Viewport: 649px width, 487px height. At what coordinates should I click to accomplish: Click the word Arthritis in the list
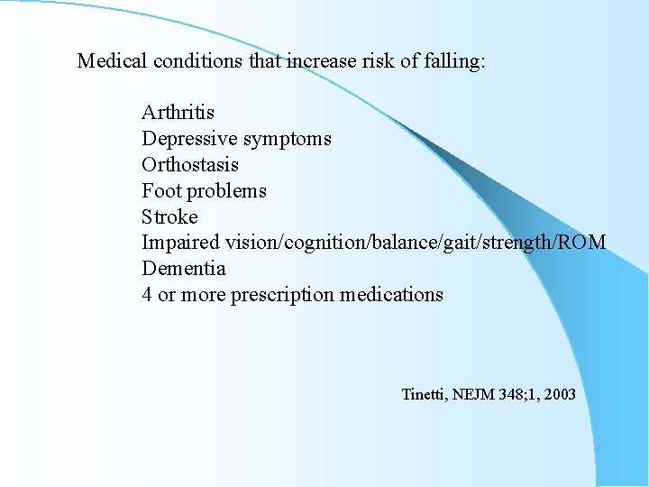coord(178,113)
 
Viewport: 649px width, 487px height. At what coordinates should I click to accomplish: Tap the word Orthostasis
coord(189,165)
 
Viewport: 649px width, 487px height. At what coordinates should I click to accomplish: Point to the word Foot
coord(159,191)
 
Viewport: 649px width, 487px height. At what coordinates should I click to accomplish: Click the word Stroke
coord(169,217)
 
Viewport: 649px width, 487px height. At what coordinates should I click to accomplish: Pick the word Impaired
coord(180,243)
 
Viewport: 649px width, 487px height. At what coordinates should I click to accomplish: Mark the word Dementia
coord(183,269)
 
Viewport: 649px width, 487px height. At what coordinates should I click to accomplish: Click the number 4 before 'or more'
coord(147,295)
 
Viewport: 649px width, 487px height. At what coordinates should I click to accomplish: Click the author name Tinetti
coord(425,394)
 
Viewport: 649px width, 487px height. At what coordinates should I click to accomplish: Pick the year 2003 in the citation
coord(559,394)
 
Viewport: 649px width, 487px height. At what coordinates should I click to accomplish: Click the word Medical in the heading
coord(113,61)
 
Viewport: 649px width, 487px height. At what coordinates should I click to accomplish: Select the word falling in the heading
coord(452,61)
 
